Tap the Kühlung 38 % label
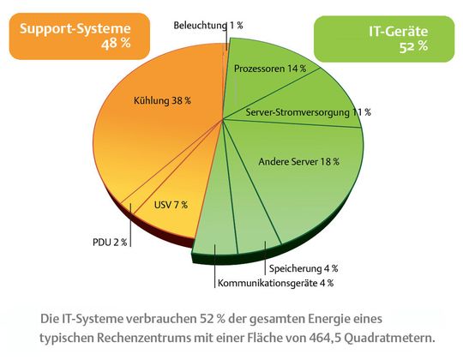pyautogui.click(x=162, y=100)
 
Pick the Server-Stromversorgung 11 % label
pyautogui.click(x=308, y=112)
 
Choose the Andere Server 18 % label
pyautogui.click(x=299, y=160)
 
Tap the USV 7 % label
pyautogui.click(x=171, y=205)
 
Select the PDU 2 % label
pyautogui.click(x=110, y=243)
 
